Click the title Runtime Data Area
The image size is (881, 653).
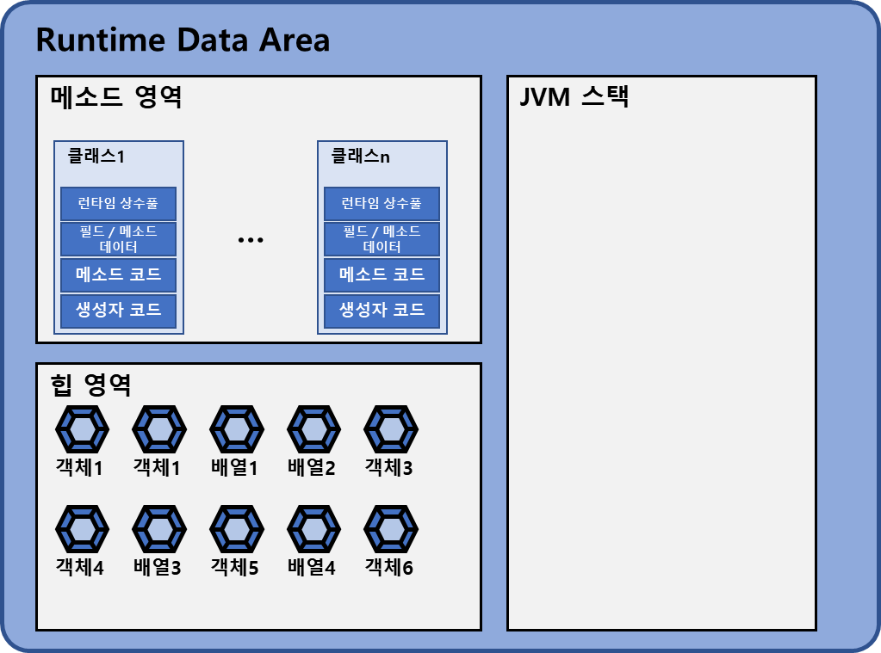(x=183, y=40)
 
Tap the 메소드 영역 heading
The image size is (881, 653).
(x=116, y=96)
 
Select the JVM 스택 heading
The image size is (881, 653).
(x=574, y=96)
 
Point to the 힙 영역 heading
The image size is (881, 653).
(x=90, y=385)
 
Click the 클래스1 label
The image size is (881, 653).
(x=96, y=157)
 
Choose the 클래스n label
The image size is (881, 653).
(x=360, y=157)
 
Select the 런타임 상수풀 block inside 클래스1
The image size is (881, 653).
(x=119, y=204)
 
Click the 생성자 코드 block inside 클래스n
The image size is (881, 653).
(x=382, y=310)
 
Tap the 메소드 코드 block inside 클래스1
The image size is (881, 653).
(x=119, y=274)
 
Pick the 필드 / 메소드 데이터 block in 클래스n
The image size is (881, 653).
(x=382, y=239)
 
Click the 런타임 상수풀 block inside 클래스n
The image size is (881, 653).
(x=382, y=204)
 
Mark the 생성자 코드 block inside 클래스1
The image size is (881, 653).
(x=119, y=310)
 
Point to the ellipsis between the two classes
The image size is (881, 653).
(x=251, y=240)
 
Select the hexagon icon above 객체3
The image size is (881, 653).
(x=390, y=428)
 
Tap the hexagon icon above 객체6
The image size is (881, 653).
(x=390, y=529)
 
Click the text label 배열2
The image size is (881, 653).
(x=312, y=468)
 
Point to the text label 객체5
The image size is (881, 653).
(x=235, y=568)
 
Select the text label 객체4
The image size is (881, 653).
(x=80, y=568)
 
